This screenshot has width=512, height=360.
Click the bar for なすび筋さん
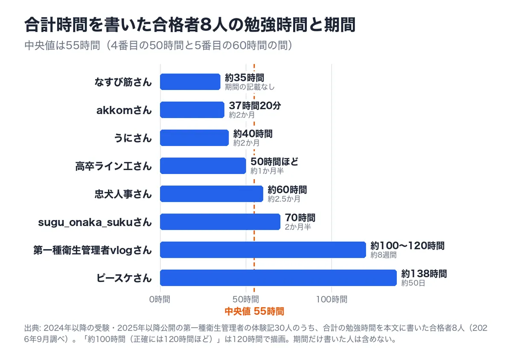pyautogui.click(x=190, y=82)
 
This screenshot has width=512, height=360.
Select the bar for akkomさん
pyautogui.click(x=192, y=110)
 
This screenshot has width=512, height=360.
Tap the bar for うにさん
pyautogui.click(x=194, y=138)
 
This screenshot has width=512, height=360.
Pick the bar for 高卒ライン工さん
pyautogui.click(x=203, y=166)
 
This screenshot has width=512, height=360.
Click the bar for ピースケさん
pyautogui.click(x=278, y=278)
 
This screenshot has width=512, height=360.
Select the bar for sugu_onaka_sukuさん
pyautogui.click(x=220, y=222)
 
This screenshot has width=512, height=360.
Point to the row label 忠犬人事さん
pyautogui.click(x=123, y=194)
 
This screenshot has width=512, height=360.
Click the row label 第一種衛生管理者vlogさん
pyautogui.click(x=93, y=250)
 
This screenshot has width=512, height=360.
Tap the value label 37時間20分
pyautogui.click(x=255, y=106)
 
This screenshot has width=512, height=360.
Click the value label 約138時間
pyautogui.click(x=424, y=273)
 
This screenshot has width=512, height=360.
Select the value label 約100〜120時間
pyautogui.click(x=407, y=246)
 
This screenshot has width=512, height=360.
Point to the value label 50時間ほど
pyautogui.click(x=274, y=162)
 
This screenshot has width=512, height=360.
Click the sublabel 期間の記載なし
pyautogui.click(x=250, y=87)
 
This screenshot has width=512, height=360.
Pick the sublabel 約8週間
pyautogui.click(x=383, y=255)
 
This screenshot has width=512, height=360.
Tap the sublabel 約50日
pyautogui.click(x=413, y=283)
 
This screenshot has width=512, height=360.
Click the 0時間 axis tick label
pyautogui.click(x=160, y=299)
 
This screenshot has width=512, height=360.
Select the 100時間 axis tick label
pyautogui.click(x=332, y=299)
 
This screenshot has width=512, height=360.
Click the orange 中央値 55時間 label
pyautogui.click(x=254, y=311)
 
